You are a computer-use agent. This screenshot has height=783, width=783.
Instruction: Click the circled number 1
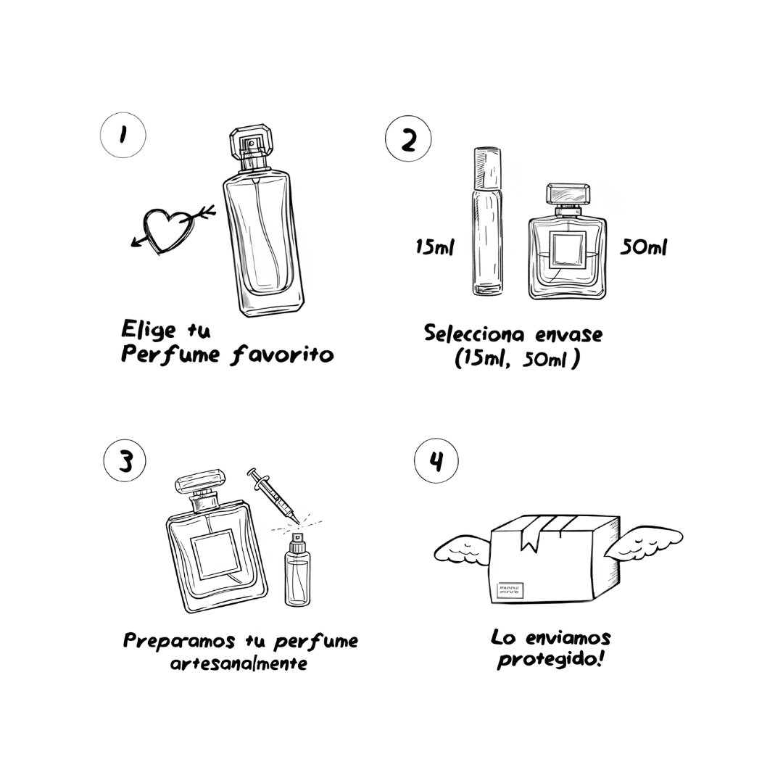pyautogui.click(x=123, y=136)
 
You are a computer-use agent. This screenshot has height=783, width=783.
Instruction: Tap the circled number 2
pyautogui.click(x=408, y=138)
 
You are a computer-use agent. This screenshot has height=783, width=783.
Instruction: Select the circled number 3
pyautogui.click(x=125, y=460)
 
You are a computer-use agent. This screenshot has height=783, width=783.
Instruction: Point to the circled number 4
pyautogui.click(x=436, y=461)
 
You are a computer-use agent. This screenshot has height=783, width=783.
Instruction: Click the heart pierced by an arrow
pyautogui.click(x=167, y=231)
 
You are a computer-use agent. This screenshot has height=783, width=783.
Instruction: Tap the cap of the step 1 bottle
pyautogui.click(x=252, y=142)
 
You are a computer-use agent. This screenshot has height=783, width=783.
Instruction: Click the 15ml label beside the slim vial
pyautogui.click(x=435, y=246)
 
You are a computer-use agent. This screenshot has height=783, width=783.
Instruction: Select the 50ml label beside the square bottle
pyautogui.click(x=643, y=246)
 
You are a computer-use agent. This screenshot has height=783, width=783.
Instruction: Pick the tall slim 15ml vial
pyautogui.click(x=487, y=220)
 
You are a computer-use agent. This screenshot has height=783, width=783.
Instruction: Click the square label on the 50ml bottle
pyautogui.click(x=568, y=250)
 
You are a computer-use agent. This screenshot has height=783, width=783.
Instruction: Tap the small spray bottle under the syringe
pyautogui.click(x=297, y=569)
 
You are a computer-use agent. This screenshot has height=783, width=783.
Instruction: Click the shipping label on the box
pyautogui.click(x=510, y=591)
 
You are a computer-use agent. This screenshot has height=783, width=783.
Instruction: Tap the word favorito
pyautogui.click(x=282, y=355)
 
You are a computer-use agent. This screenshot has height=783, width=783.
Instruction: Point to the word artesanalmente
pyautogui.click(x=239, y=663)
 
